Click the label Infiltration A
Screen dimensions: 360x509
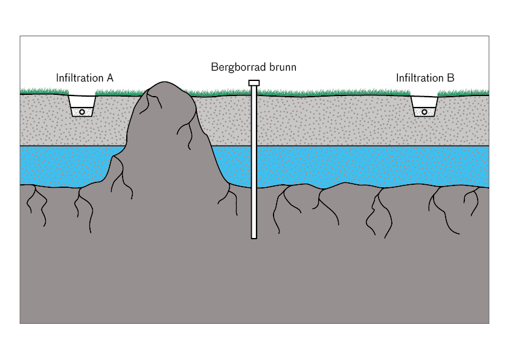tap(85, 78)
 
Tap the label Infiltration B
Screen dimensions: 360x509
tap(425, 78)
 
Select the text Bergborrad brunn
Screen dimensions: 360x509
tap(254, 67)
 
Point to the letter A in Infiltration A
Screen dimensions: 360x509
tap(110, 78)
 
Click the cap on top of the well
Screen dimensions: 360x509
tap(254, 83)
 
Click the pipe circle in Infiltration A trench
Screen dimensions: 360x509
tap(82, 112)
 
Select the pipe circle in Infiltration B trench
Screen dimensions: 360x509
tap(424, 112)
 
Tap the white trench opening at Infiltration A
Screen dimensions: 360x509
tap(82, 101)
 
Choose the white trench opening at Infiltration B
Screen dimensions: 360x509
tap(424, 101)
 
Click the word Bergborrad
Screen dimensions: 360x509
tap(238, 67)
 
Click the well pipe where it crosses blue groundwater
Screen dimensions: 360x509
tap(254, 166)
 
